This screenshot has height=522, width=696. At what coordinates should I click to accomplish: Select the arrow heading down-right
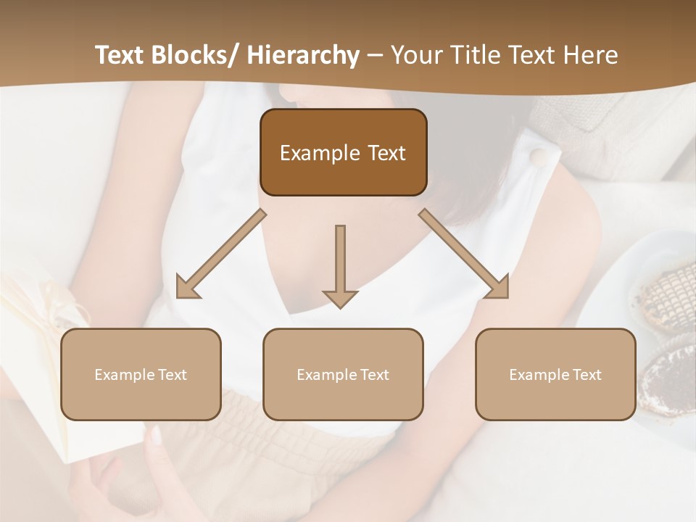[x=465, y=254]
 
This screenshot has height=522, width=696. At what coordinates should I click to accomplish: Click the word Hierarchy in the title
[x=303, y=56]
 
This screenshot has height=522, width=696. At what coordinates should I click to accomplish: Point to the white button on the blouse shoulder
[x=537, y=157]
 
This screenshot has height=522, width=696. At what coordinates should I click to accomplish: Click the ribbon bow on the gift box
[x=54, y=301]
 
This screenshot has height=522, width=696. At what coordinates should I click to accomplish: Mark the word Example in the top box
[x=310, y=154]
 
